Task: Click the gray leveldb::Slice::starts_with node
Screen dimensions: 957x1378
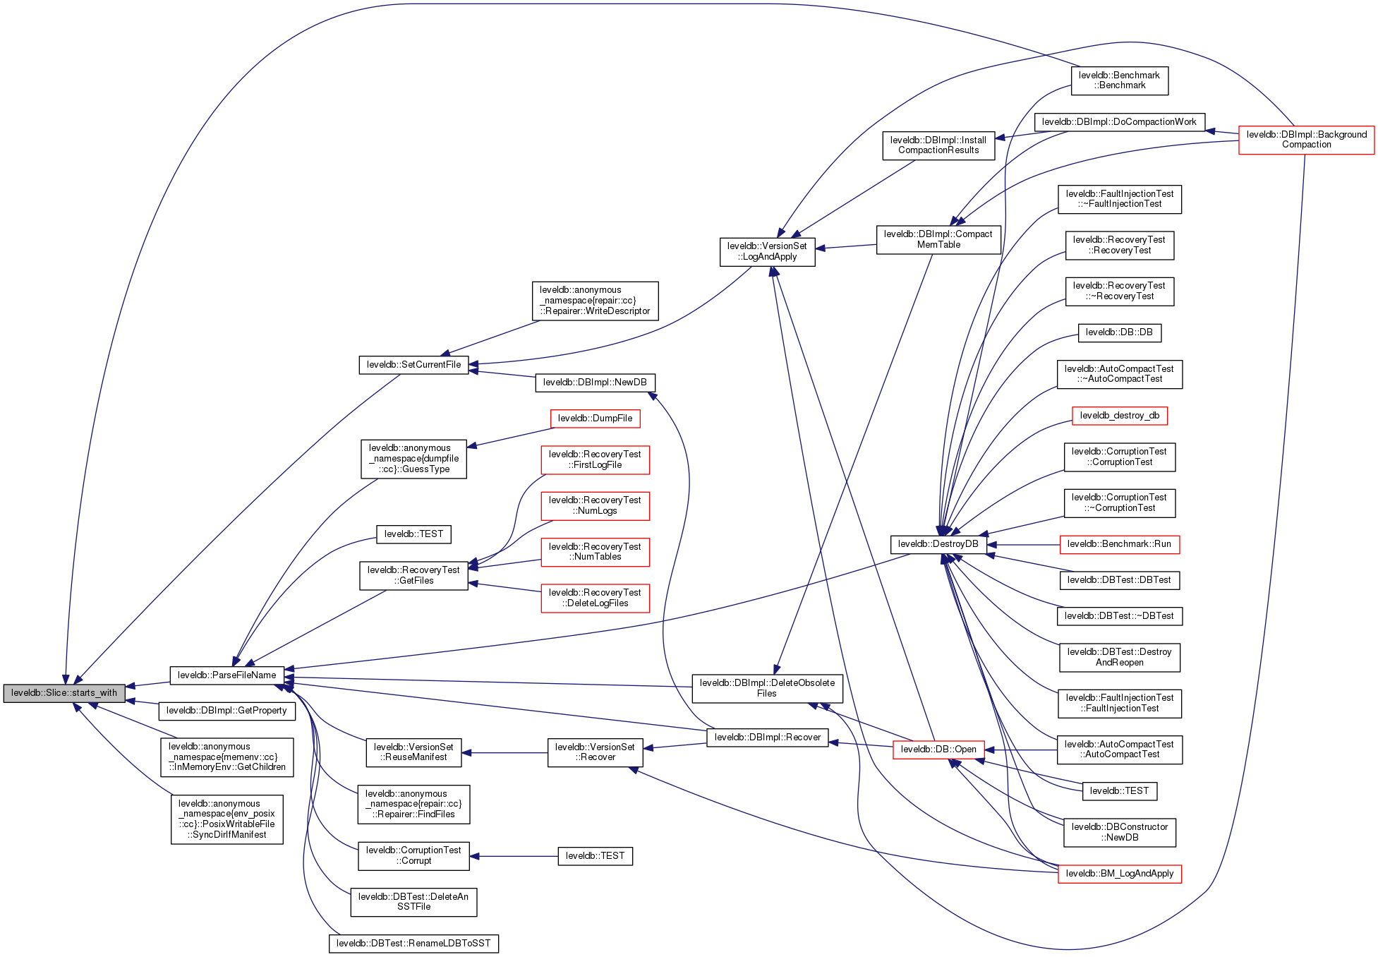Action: [x=64, y=693]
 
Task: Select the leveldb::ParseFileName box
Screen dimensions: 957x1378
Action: [x=226, y=675]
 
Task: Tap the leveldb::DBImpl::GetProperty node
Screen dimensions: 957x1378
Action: [x=226, y=711]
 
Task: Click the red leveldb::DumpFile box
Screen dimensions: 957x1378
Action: [x=595, y=419]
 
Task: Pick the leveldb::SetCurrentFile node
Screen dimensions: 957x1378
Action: [x=413, y=365]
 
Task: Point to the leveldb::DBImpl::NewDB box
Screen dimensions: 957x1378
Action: [x=595, y=383]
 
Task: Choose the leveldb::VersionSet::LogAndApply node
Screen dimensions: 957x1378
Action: [x=767, y=251]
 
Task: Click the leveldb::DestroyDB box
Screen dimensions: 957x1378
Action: [x=938, y=544]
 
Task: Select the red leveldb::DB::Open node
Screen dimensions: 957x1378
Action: [x=938, y=750]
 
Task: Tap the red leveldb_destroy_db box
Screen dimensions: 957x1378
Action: [x=1119, y=416]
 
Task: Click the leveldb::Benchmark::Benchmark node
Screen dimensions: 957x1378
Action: [x=1119, y=80]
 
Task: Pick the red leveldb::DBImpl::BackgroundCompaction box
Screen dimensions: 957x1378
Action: [x=1306, y=140]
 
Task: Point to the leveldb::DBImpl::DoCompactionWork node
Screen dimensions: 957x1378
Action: [x=1119, y=122]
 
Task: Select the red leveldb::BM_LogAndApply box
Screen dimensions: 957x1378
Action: [x=1119, y=874]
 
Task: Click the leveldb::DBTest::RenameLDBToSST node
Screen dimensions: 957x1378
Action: [x=413, y=944]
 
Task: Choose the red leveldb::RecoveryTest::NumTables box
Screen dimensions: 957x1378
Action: [x=595, y=552]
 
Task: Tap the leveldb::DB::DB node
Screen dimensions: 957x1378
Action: [x=1119, y=332]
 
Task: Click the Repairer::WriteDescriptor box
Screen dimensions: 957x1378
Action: [x=595, y=301]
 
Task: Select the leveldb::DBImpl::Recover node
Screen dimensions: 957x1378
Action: [x=767, y=738]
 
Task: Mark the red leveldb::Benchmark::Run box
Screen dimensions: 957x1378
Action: [x=1119, y=544]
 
